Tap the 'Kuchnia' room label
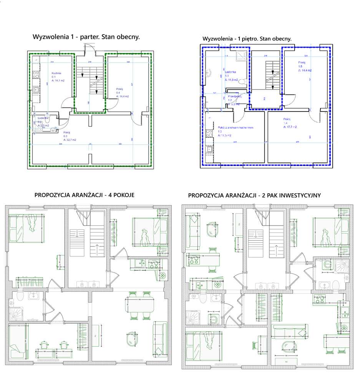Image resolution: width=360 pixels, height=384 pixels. click(57, 73)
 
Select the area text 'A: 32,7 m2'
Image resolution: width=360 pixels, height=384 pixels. click(70, 140)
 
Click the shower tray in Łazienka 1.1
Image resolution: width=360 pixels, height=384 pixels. click(242, 56)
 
